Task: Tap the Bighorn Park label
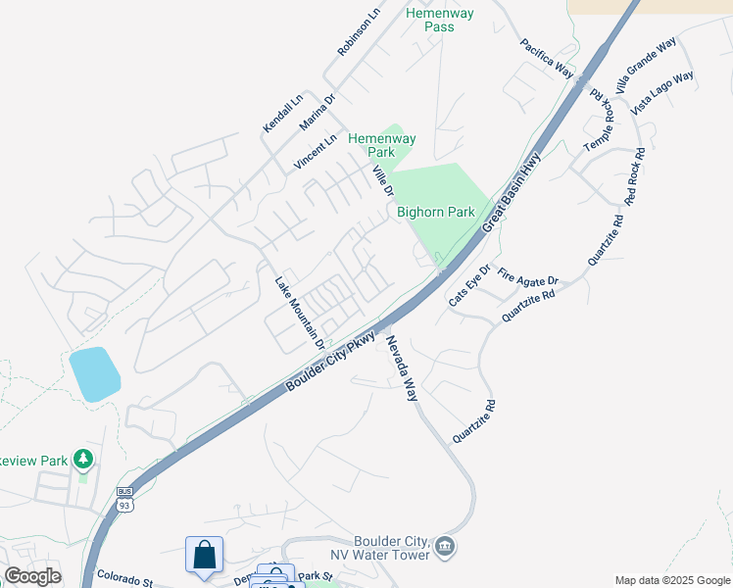click(x=435, y=212)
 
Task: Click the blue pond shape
click(x=94, y=373)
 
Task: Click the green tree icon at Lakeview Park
click(x=84, y=458)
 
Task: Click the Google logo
click(x=32, y=576)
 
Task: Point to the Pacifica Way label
click(x=547, y=58)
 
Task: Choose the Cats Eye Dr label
click(x=468, y=285)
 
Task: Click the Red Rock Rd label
click(x=632, y=176)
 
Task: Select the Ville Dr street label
click(x=382, y=179)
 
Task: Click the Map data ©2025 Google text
click(x=673, y=580)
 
